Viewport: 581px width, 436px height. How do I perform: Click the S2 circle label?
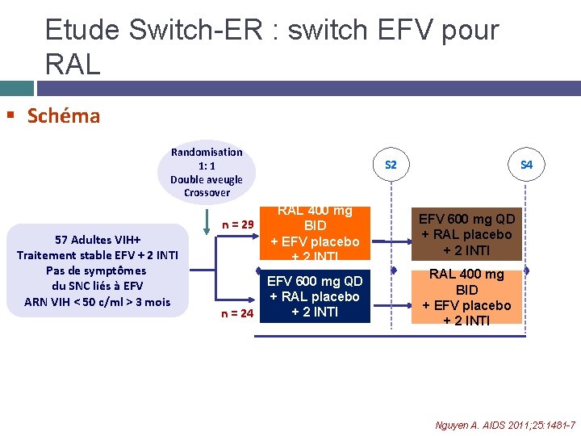coord(391,165)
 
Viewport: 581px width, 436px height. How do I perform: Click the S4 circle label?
coord(526,165)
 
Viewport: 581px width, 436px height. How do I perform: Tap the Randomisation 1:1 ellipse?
coord(207,172)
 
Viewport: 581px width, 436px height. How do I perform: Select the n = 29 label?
coord(238,224)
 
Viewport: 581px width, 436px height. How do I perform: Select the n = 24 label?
coord(238,313)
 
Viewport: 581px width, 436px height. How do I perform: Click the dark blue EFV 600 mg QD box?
coord(315,296)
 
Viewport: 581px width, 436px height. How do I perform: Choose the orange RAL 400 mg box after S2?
coord(467,297)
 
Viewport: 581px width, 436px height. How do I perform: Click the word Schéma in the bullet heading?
coord(64,116)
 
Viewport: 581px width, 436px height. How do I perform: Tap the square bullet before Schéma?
coord(10,116)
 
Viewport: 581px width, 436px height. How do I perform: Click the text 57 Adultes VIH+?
coord(97,240)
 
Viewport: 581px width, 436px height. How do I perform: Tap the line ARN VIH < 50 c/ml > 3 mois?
coord(97,301)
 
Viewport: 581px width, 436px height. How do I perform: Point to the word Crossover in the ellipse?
coord(207,193)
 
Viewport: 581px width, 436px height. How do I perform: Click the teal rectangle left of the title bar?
coord(16,87)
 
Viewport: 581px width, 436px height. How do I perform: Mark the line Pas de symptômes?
coord(97,270)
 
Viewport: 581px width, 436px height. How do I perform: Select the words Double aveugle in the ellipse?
coord(207,179)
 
